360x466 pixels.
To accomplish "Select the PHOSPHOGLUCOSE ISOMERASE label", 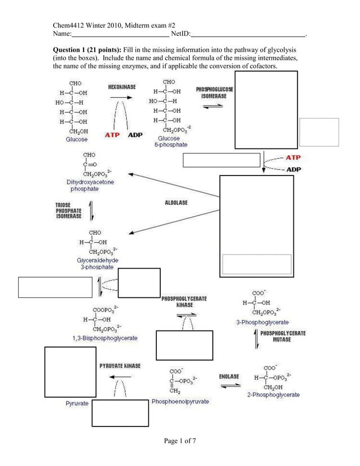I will pos(214,93).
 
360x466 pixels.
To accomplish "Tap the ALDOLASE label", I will pos(176,203).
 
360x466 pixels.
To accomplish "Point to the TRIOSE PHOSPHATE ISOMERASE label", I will pos(68,210).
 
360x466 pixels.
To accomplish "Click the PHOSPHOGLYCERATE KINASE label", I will pos(184,301).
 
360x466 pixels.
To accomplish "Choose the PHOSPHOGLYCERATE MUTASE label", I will pos(282,336).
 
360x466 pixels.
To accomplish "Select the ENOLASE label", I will pos(229,376).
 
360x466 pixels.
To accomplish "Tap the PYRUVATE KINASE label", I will pos(120,366).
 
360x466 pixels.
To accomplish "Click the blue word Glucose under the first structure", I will pos(77,139).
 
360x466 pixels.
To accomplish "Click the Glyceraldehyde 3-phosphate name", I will pos(97,263).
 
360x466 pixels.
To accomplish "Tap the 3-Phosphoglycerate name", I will pos(262,322).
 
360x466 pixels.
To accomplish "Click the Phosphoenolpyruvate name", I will pos(180,402).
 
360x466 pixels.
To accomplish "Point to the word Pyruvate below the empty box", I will pos(77,404).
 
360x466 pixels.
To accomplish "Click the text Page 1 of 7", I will pos(180,441).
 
